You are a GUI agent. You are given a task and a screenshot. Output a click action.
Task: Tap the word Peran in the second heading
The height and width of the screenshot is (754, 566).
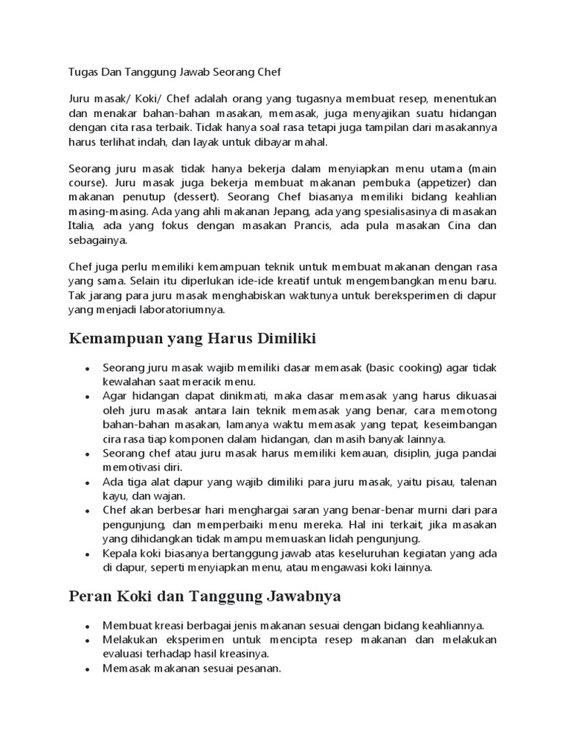[x=88, y=595]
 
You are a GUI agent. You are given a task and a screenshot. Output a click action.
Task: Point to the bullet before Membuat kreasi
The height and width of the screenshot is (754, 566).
[x=88, y=625]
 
